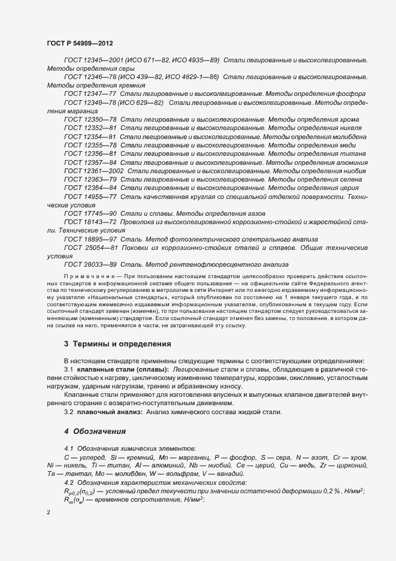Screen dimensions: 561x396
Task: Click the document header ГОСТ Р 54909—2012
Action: click(80, 44)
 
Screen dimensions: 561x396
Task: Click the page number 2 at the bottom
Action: click(49, 512)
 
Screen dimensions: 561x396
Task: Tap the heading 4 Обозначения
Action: click(95, 431)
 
